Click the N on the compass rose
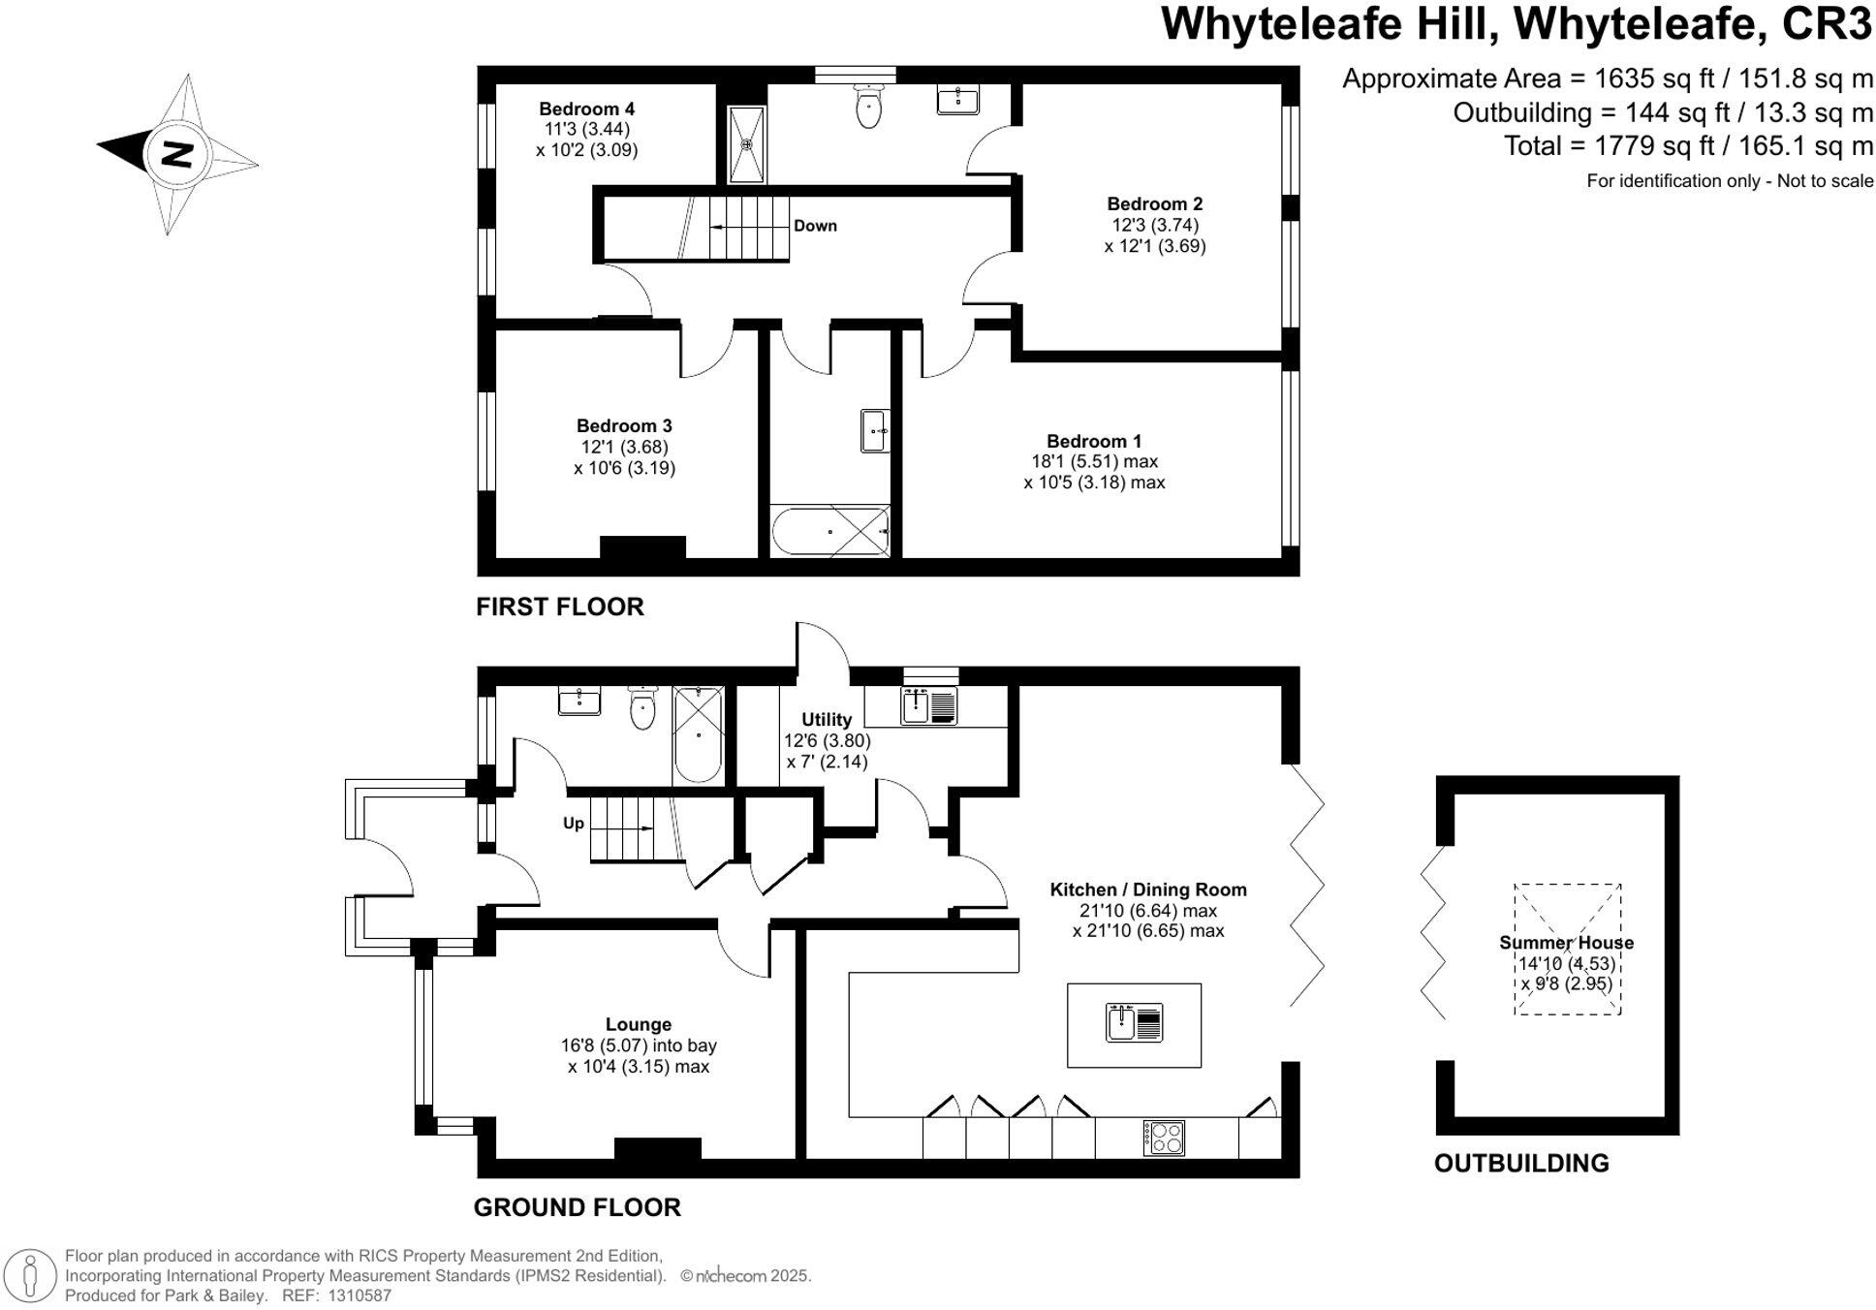(x=177, y=154)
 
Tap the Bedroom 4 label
(x=586, y=109)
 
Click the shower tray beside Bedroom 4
(x=746, y=144)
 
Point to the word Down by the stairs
(x=815, y=226)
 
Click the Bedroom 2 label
(x=1154, y=203)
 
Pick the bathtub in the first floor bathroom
(x=829, y=531)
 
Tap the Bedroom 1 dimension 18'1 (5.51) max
(x=1094, y=461)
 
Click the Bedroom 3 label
(x=623, y=425)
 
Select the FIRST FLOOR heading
(x=559, y=607)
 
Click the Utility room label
(x=826, y=719)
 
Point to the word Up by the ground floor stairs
(x=574, y=823)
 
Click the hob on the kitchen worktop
(x=1163, y=1137)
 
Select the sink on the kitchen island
(x=1121, y=1023)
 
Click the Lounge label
(x=638, y=1024)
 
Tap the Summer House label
(x=1566, y=942)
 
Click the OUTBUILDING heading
(x=1520, y=1163)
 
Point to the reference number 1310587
(x=360, y=1295)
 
